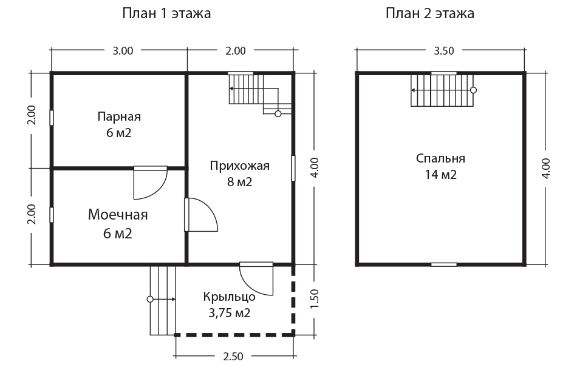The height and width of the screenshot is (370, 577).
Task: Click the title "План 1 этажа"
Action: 166,13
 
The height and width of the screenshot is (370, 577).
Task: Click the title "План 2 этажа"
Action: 429,13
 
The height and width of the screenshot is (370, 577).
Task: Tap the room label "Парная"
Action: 119,116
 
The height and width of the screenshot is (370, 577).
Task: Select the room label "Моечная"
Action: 118,215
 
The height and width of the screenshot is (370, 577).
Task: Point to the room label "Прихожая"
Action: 239,166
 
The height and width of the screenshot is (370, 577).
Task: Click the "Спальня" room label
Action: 440,158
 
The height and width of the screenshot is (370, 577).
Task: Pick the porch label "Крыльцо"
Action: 229,297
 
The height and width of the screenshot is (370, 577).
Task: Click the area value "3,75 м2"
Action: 229,313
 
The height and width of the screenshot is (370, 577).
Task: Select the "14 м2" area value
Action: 440,175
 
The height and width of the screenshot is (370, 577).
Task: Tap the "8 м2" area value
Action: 239,182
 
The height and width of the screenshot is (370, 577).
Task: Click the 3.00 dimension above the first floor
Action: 123,51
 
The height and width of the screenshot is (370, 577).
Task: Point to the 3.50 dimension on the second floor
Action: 444,51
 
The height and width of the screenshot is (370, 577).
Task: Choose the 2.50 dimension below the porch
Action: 233,357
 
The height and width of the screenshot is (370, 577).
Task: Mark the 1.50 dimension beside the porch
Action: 314,298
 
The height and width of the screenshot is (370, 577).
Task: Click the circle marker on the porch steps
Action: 150,300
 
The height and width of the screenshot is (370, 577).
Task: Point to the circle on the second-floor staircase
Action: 474,90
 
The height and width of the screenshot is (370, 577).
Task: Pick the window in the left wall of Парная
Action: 52,118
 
